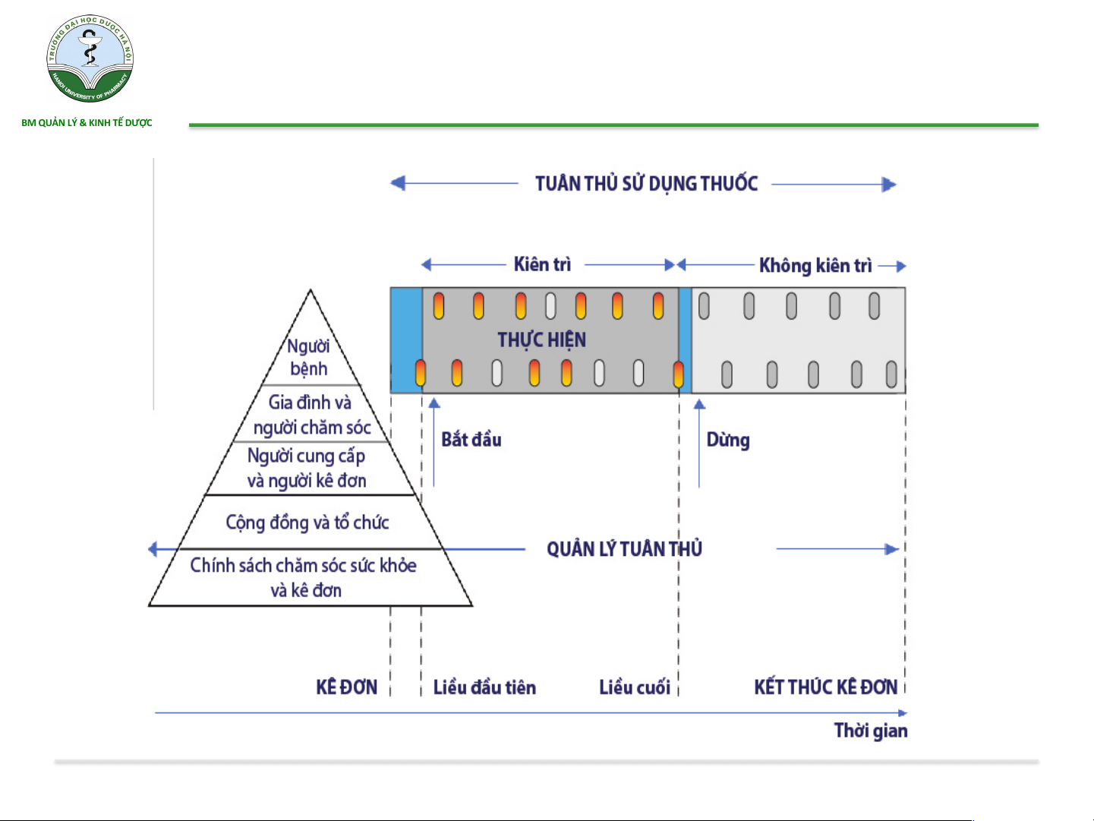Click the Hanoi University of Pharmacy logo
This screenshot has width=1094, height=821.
click(x=90, y=58)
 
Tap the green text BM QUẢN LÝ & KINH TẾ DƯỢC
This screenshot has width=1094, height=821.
click(x=87, y=122)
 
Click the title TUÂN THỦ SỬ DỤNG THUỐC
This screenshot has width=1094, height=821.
click(x=646, y=184)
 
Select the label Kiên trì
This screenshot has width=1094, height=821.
click(x=542, y=264)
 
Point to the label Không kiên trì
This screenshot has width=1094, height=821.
click(x=815, y=265)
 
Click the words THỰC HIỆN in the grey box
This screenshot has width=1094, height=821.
click(x=542, y=340)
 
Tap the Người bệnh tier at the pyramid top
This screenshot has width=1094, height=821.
click(x=309, y=357)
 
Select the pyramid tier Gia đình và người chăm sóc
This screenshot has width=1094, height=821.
click(x=312, y=415)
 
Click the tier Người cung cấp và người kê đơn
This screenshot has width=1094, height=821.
click(x=307, y=468)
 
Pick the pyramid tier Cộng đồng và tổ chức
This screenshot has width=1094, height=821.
click(x=307, y=523)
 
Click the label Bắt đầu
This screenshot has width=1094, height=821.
click(x=471, y=440)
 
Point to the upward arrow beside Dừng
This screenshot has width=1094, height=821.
click(x=699, y=443)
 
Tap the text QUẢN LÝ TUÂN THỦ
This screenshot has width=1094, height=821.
click(x=625, y=549)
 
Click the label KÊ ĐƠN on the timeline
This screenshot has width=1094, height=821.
click(x=347, y=687)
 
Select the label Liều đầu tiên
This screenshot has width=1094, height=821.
click(x=484, y=687)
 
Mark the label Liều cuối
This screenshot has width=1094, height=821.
click(x=635, y=687)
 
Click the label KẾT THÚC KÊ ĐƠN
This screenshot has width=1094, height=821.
click(x=826, y=687)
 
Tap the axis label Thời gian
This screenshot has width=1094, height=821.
click(x=871, y=731)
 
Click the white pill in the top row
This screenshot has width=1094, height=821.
click(x=550, y=305)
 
